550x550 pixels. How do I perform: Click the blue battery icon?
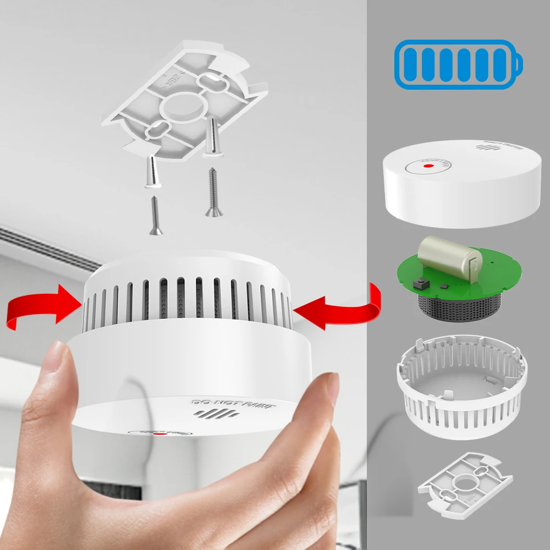pyautogui.click(x=458, y=65)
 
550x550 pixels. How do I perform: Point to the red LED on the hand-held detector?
pyautogui.click(x=161, y=434)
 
